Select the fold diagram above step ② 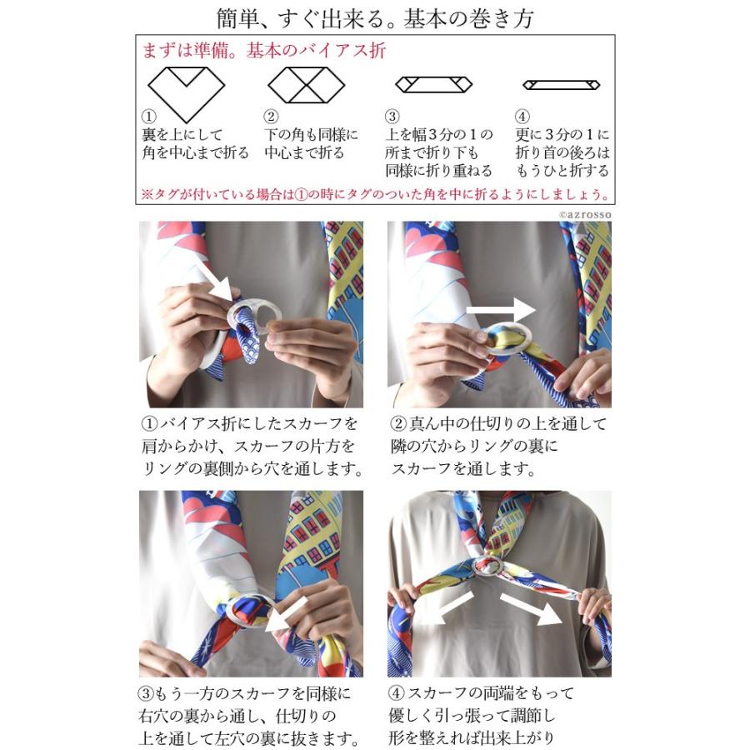[x=300, y=85]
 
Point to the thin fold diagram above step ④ [x=561, y=85]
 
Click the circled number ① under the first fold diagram [x=149, y=117]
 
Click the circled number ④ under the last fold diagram [x=522, y=117]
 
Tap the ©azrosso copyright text [x=586, y=214]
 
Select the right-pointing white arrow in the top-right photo [x=500, y=310]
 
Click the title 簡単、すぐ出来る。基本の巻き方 [x=374, y=17]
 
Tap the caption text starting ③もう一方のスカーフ [x=250, y=715]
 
